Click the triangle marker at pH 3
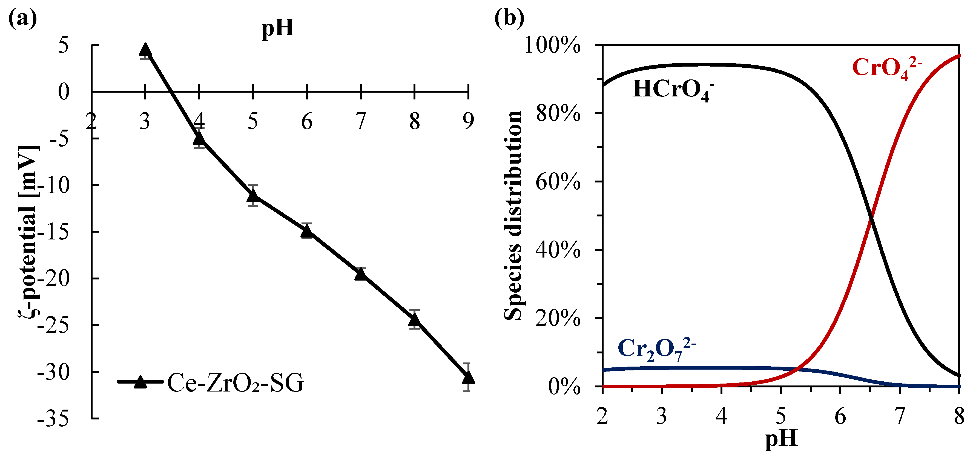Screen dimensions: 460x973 tap(145, 50)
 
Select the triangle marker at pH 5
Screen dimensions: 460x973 tap(253, 195)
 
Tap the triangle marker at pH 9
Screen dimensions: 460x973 tap(468, 377)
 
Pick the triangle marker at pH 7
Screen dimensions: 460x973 tap(361, 274)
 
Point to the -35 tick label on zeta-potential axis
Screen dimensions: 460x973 tap(54, 419)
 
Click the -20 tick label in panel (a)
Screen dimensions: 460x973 tap(54, 279)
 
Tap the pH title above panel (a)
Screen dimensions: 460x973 tap(278, 28)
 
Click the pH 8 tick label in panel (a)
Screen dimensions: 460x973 tap(414, 122)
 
